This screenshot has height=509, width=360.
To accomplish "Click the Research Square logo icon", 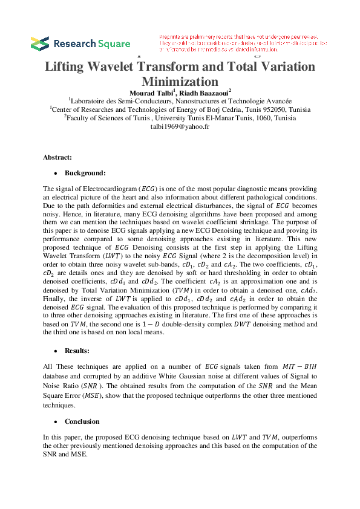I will tap(40, 44).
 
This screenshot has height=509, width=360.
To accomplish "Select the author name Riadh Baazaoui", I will tap(205, 92).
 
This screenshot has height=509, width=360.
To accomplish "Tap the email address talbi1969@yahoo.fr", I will tap(180, 127).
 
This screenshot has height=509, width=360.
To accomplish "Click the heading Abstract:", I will tap(57, 157).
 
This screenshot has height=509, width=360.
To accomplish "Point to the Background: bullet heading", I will tap(85, 173).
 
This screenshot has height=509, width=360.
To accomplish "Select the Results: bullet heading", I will tap(79, 351).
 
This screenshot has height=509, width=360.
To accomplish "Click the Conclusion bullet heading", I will tap(83, 421).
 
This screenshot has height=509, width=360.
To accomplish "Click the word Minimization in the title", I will tap(179, 81).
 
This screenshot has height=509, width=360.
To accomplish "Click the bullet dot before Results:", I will tap(56, 351).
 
